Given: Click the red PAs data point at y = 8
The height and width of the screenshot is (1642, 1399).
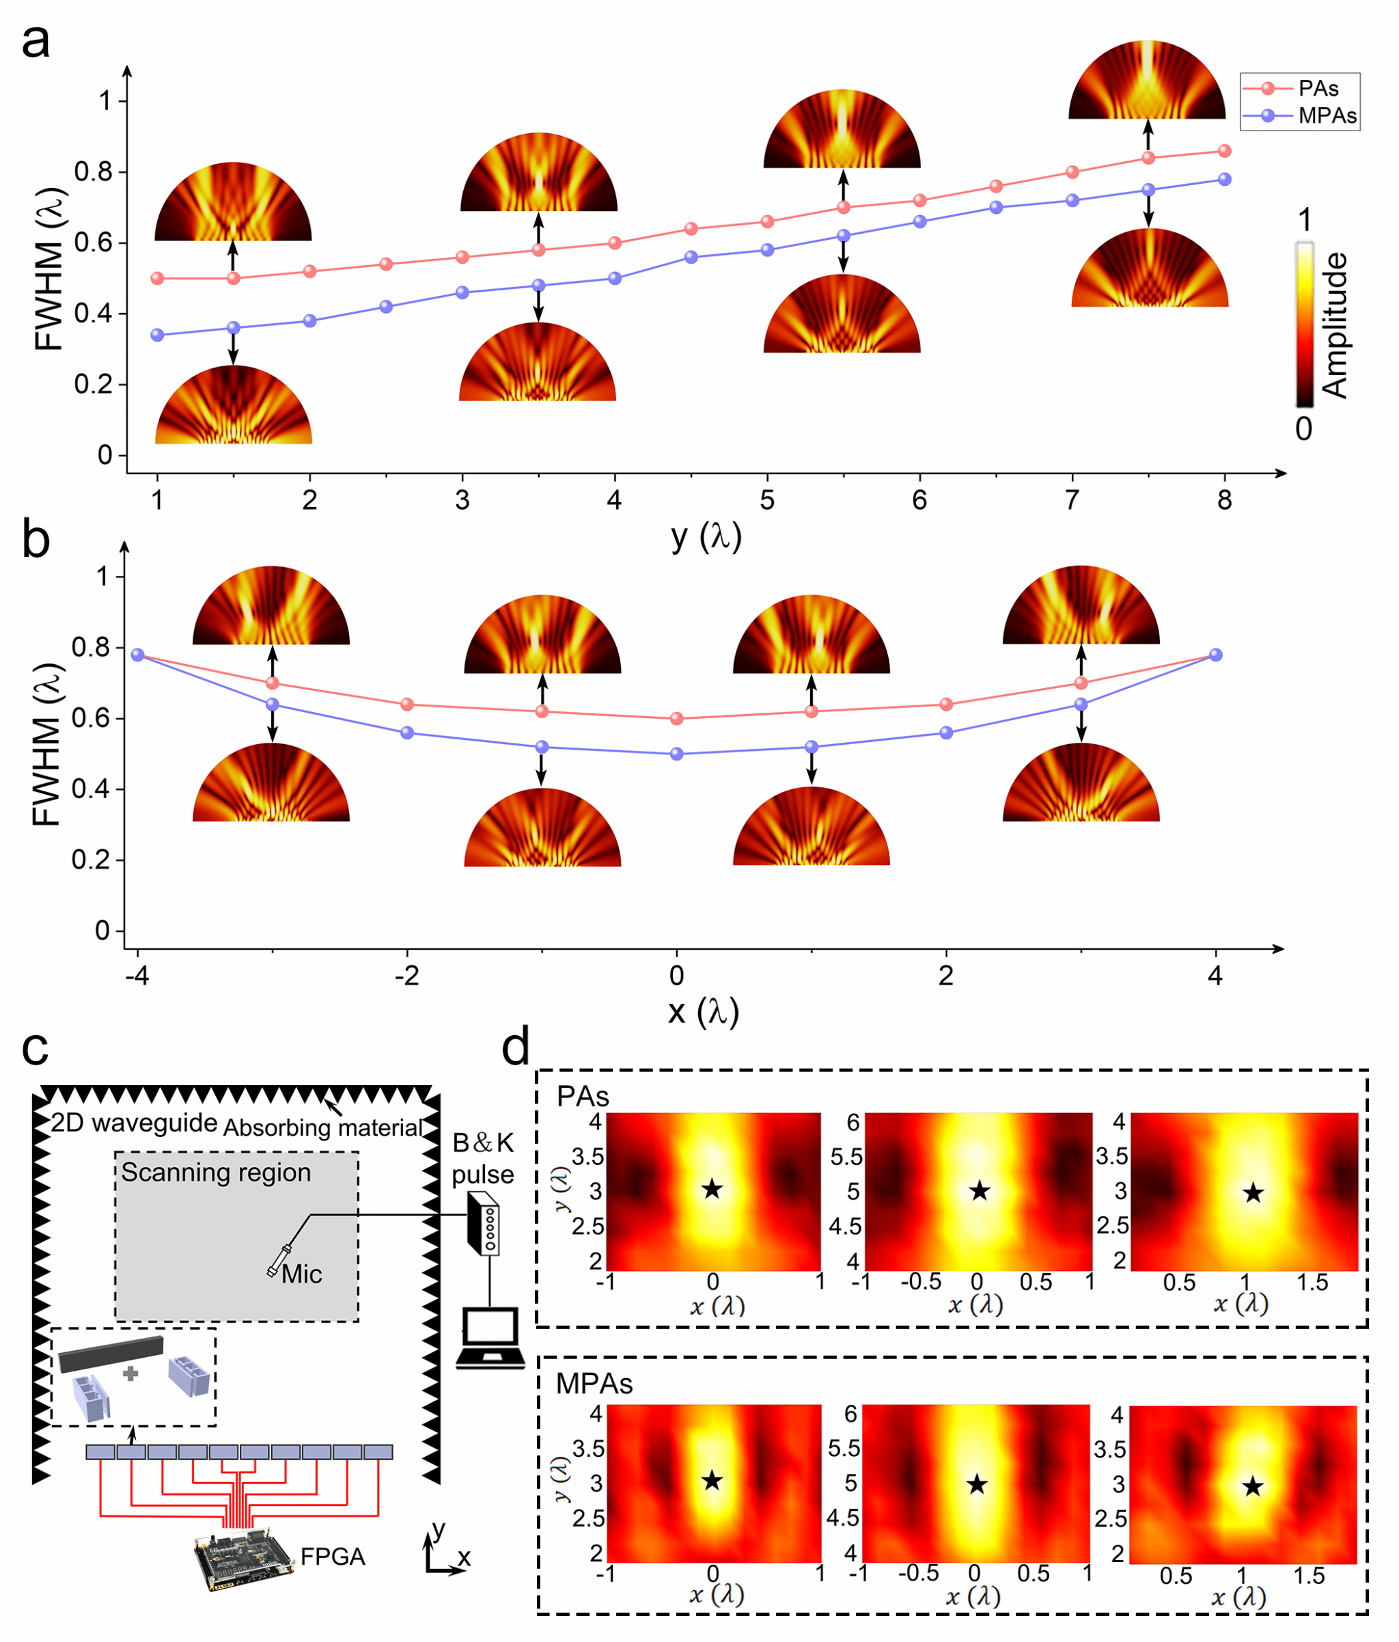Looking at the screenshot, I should pyautogui.click(x=1225, y=150).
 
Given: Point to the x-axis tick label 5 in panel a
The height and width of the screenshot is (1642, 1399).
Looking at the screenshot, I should pyautogui.click(x=767, y=500).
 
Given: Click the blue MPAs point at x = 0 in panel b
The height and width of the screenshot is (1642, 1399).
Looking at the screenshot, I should pyautogui.click(x=676, y=754).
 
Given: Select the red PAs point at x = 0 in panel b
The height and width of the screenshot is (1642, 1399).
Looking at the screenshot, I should pyautogui.click(x=676, y=718).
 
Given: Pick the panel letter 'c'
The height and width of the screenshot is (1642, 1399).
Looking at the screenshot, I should pyautogui.click(x=36, y=1048).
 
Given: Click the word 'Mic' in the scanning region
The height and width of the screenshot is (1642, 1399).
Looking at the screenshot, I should pyautogui.click(x=302, y=1274).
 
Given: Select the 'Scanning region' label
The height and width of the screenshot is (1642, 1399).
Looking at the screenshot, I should pyautogui.click(x=215, y=1173).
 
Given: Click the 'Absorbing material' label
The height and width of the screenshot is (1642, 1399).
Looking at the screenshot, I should pyautogui.click(x=323, y=1127).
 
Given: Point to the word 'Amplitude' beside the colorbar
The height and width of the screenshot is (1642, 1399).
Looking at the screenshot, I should pyautogui.click(x=1335, y=325).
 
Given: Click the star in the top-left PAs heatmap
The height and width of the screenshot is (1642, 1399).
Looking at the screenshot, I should pyautogui.click(x=712, y=1189).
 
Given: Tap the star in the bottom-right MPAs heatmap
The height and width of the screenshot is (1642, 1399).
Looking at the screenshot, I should pyautogui.click(x=1252, y=1486).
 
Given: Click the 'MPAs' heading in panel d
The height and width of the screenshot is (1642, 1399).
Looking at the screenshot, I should pyautogui.click(x=594, y=1384).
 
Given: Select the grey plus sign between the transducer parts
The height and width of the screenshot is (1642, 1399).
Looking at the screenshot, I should pyautogui.click(x=130, y=1373).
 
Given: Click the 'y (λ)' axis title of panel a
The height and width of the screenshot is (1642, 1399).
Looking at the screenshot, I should pyautogui.click(x=706, y=537).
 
